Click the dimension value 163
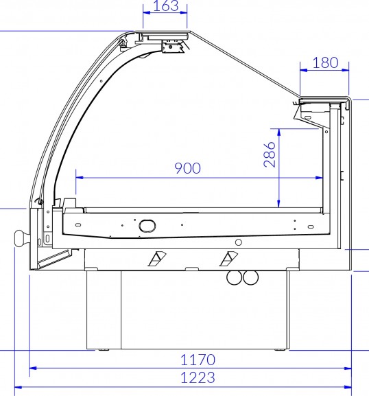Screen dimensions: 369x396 [165, 5]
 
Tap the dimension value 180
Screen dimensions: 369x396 [325, 63]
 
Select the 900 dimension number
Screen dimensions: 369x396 [187, 168]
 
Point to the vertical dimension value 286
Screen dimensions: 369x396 [270, 154]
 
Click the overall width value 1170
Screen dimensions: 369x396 [198, 360]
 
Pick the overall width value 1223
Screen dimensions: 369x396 [198, 378]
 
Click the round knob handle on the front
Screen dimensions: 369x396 [22, 238]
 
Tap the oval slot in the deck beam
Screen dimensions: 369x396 [147, 225]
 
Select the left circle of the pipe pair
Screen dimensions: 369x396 [235, 277]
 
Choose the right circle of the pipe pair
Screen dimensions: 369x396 [250, 277]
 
